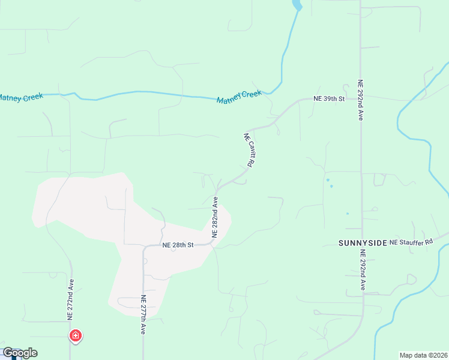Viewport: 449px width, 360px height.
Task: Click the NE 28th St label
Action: tap(178, 245)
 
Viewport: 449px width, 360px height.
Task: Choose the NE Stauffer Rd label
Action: tap(411, 242)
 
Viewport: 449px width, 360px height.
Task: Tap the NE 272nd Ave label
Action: tap(71, 298)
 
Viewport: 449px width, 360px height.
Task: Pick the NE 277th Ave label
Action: tap(143, 315)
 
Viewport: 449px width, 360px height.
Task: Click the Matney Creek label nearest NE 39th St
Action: tap(240, 96)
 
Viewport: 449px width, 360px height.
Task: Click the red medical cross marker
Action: tap(76, 335)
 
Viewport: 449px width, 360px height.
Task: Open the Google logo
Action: tap(20, 353)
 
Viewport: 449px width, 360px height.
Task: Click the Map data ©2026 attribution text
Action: tap(423, 355)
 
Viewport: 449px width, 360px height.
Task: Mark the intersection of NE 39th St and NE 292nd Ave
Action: tap(361, 98)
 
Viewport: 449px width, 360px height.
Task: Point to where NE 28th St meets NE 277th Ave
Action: tap(144, 246)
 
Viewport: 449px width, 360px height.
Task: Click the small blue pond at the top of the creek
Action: tap(296, 5)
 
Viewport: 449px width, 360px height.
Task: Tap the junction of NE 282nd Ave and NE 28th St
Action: tap(212, 243)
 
